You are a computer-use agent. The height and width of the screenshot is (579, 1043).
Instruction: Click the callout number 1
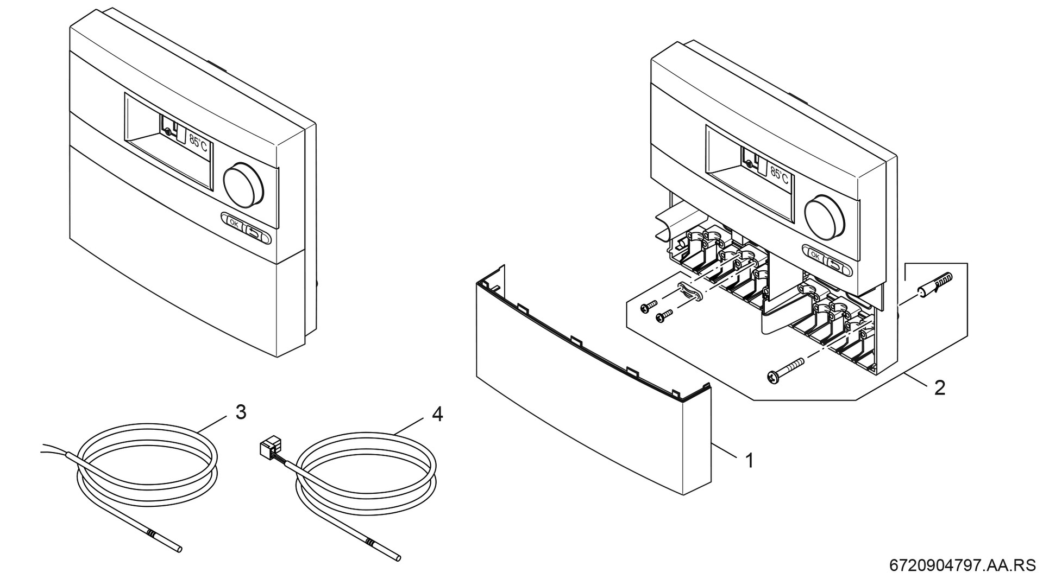tap(750, 461)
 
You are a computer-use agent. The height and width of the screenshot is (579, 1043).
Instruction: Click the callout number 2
tap(939, 387)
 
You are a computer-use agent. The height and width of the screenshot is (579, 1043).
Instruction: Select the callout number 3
tap(241, 412)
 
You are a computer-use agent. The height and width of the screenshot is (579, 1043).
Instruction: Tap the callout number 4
tap(437, 415)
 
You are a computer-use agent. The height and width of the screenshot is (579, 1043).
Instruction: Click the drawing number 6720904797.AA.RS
tap(962, 565)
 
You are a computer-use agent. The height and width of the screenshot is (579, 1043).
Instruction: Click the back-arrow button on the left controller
tap(255, 234)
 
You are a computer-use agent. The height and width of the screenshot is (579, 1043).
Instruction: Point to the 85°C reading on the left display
tap(198, 144)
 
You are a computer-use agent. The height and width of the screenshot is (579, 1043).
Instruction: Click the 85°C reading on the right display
tap(779, 175)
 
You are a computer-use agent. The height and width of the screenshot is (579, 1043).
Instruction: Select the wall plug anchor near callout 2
tap(935, 285)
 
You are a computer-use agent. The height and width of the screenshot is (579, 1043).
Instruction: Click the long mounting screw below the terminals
tap(786, 370)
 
